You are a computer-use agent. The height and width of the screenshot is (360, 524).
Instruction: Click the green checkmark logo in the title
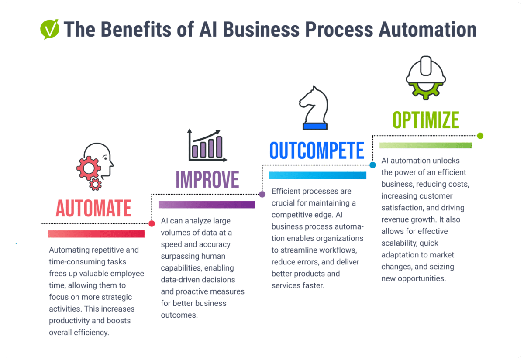pos(49,30)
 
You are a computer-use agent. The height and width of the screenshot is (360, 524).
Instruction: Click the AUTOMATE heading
pos(93,209)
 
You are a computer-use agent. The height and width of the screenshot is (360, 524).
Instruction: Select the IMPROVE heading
pos(207,179)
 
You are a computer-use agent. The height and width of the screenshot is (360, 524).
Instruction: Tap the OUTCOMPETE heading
pos(317,151)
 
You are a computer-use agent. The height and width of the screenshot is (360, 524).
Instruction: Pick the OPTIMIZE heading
pos(426,120)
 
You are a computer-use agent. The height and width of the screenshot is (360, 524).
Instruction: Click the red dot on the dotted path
pos(152,223)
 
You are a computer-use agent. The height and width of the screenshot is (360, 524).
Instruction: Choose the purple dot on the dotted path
pos(262,194)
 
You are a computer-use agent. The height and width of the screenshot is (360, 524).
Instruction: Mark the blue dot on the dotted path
pos(372,165)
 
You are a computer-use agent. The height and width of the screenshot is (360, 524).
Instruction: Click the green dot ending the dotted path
pos(480,136)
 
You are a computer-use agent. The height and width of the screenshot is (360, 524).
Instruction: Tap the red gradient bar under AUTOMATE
pos(96,234)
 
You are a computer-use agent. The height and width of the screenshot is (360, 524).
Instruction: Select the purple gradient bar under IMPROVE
pos(207,205)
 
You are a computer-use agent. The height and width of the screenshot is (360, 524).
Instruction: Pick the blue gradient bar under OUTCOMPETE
pos(317,175)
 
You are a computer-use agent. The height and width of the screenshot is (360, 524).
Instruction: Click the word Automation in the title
pos(427,30)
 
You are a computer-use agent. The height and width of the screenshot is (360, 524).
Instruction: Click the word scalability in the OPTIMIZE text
pos(400,243)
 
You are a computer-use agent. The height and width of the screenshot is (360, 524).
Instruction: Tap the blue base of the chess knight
pos(315,126)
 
